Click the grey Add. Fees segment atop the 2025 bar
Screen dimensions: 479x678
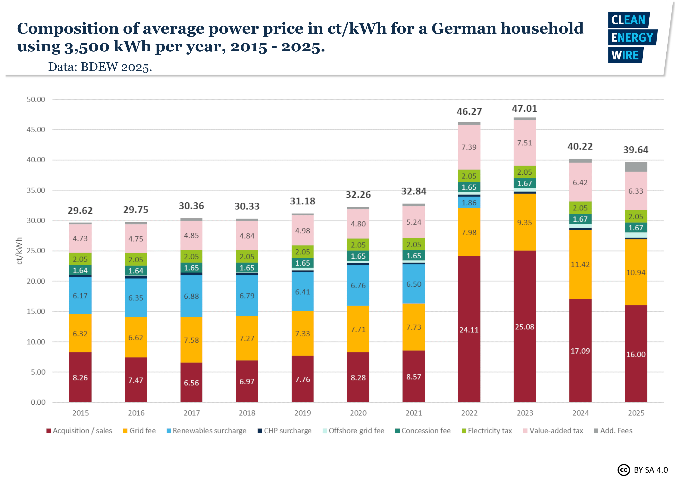636,167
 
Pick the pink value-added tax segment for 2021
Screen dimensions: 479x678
413,222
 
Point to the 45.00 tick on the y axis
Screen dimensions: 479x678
36,130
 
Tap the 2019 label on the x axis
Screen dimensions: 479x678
302,413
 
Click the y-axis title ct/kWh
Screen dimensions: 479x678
19,251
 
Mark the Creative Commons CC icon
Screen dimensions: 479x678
623,470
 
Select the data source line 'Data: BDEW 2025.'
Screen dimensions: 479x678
100,67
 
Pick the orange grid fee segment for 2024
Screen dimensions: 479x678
580,264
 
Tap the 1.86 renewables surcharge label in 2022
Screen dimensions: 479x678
469,203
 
